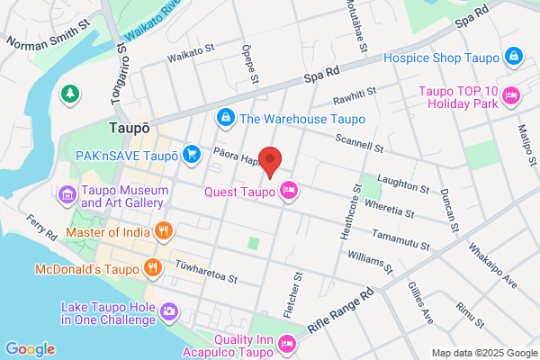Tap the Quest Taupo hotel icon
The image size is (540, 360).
tap(288, 190)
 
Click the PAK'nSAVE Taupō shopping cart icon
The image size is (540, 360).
tap(191, 155)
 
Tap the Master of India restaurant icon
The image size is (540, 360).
tap(163, 231)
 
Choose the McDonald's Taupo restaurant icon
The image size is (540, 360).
tap(153, 268)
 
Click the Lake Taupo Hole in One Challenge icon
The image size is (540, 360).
tap(169, 311)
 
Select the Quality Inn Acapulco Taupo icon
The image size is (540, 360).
tap(288, 343)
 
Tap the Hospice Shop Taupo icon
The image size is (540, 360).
tap(513, 56)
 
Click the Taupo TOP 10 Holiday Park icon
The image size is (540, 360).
tap(511, 94)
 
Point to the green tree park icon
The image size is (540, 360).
tap(69, 93)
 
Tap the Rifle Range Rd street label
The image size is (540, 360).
tap(343, 310)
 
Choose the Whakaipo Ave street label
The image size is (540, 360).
tap(496, 266)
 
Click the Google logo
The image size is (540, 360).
tap(30, 349)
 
